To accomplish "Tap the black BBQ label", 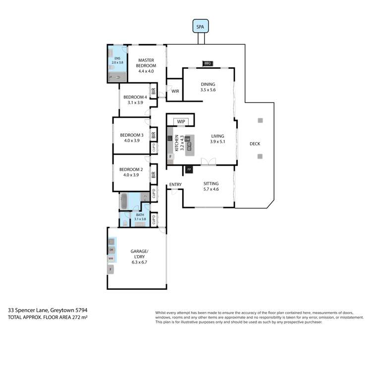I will [208, 63].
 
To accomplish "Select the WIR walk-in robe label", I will [175, 91].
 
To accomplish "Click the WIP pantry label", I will [180, 121].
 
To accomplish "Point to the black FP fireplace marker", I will [189, 170].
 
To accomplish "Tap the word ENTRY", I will [175, 185].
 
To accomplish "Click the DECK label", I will [255, 144].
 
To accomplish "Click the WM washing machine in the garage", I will [111, 259].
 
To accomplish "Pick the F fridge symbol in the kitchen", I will [170, 156].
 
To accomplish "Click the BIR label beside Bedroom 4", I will [154, 92].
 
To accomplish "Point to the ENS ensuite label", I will [117, 58].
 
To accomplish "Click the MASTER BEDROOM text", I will [147, 63].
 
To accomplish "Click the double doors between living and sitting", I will [209, 161].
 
